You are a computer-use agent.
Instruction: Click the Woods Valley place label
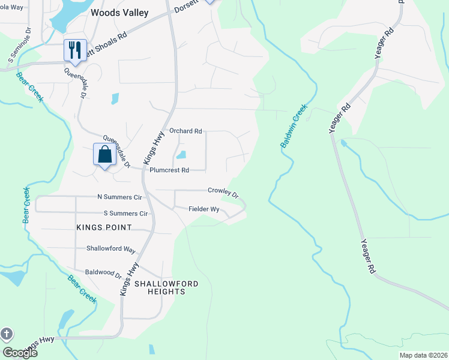pos(119,12)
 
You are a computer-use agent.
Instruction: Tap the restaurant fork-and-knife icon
pos(75,50)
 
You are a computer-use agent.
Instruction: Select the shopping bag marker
pos(105,154)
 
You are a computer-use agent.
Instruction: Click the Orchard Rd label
pos(185,130)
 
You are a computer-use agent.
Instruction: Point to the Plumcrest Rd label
pos(169,170)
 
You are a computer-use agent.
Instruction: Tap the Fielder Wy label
pos(204,209)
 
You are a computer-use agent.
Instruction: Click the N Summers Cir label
pos(119,197)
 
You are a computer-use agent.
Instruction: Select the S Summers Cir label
pos(125,213)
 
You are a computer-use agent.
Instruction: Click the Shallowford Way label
pos(111,249)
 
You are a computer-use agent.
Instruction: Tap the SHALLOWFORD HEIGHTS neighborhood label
pos(166,287)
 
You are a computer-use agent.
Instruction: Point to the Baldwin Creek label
pos(294,127)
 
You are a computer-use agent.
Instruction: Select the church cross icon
pos(7,334)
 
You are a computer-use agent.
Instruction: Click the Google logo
pos(20,352)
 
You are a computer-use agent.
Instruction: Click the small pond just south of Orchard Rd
pos(181,154)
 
